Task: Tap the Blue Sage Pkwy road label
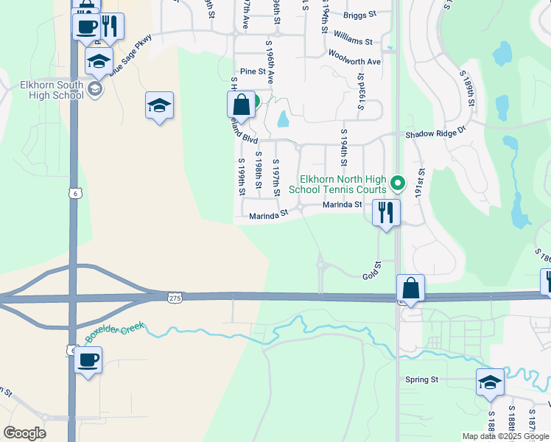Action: tap(130, 55)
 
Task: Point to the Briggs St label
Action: tap(359, 14)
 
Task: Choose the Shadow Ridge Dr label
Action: tap(436, 135)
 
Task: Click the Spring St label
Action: tap(421, 380)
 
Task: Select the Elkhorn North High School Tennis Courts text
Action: tap(343, 184)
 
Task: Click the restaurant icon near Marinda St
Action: tap(386, 213)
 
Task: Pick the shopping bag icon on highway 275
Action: tap(410, 287)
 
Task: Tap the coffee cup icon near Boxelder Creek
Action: tap(88, 360)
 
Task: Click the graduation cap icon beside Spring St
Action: tap(490, 382)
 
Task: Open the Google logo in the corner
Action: tap(24, 433)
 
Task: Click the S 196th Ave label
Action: tap(270, 62)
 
